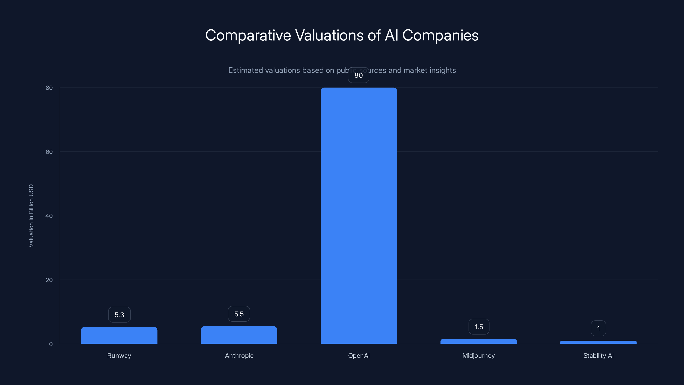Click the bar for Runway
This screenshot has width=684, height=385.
tap(119, 335)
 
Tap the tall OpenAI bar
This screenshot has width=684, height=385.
tap(358, 215)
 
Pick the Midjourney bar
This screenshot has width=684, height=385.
tap(479, 341)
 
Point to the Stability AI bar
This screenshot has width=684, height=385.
tap(598, 342)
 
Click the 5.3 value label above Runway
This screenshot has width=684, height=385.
tap(119, 315)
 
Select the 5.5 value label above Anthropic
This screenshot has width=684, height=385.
tap(239, 314)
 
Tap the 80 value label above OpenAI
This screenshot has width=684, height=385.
tap(358, 75)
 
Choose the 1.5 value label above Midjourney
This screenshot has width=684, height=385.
tap(479, 327)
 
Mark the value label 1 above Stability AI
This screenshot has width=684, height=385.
tap(598, 328)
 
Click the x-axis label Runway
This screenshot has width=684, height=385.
tap(119, 355)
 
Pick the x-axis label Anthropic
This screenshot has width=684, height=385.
tap(239, 355)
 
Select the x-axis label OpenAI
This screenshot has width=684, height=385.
tap(359, 355)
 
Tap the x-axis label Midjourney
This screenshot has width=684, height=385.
tap(479, 355)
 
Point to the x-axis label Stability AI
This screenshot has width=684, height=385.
tap(598, 355)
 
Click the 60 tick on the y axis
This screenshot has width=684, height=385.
tap(49, 152)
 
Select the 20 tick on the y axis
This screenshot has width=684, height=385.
tap(49, 280)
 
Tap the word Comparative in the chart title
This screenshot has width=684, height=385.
tap(248, 35)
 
